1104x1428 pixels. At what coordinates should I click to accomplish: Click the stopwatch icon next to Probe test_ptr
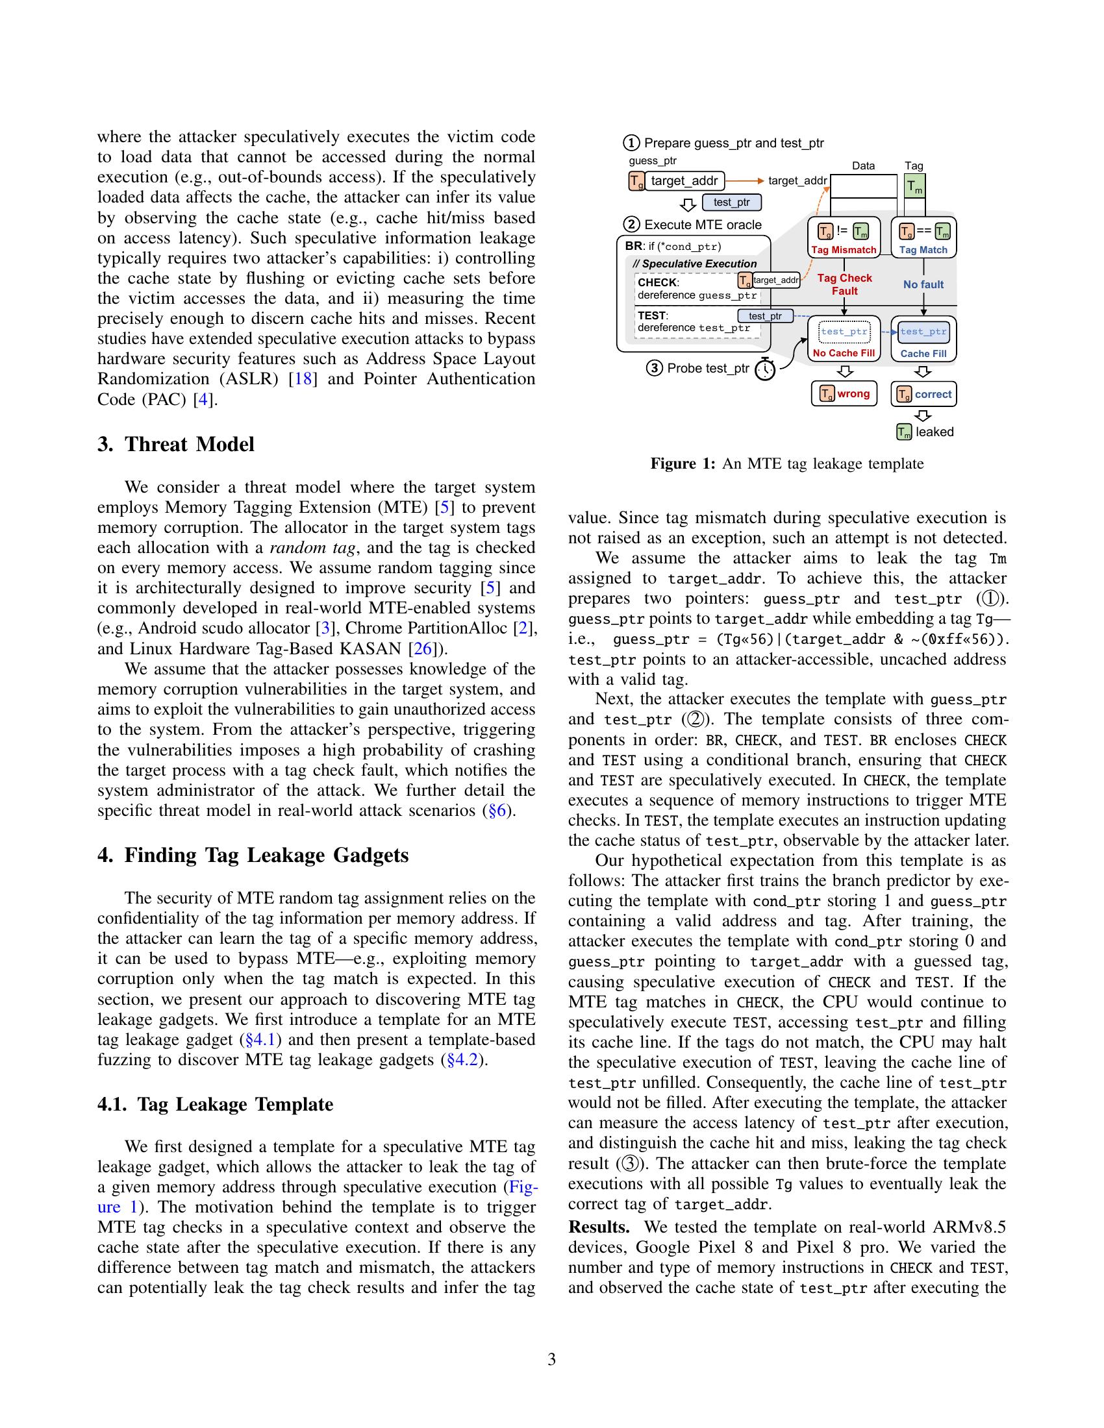764,369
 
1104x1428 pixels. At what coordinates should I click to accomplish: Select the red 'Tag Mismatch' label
843,250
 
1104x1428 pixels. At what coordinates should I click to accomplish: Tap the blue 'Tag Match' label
923,250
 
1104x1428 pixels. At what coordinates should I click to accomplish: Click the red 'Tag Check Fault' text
844,284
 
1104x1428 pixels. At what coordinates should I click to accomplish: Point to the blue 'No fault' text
923,284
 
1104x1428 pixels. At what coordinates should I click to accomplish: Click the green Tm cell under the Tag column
915,187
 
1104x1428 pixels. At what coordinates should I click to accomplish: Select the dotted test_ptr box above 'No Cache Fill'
844,332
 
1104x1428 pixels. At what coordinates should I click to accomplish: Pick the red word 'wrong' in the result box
853,393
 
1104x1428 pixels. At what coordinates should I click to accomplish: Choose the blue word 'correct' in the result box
933,394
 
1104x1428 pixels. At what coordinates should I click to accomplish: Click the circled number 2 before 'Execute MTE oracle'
631,225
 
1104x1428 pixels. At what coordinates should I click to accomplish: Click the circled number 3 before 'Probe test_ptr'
654,368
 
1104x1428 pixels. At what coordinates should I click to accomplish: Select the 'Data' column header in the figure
862,166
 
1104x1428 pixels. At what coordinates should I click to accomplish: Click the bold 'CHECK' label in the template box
657,282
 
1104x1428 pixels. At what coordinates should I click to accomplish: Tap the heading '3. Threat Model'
176,445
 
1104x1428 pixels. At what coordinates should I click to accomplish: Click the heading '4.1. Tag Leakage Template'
215,1104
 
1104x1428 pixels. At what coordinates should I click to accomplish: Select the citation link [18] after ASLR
303,379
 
